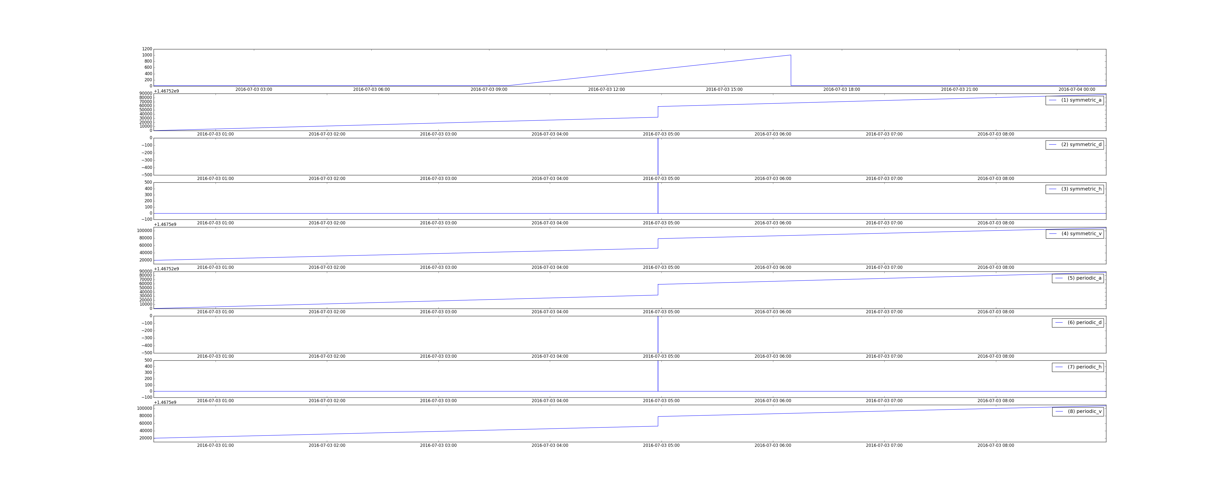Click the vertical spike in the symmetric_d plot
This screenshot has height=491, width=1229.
(658, 156)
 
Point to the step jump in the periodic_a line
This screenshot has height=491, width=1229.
(658, 290)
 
